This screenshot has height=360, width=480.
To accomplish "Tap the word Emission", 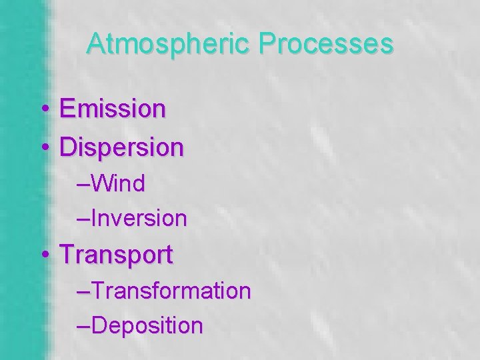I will (111, 109).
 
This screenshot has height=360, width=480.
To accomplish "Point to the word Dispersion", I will (121, 147).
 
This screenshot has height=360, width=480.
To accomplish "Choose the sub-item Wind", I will (117, 183).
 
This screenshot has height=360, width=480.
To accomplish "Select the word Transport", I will (116, 254).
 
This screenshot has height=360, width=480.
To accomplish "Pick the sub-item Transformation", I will (171, 291).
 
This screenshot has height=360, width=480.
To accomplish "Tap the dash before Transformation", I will (83, 292).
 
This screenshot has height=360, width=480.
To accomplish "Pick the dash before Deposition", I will (83, 327).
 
